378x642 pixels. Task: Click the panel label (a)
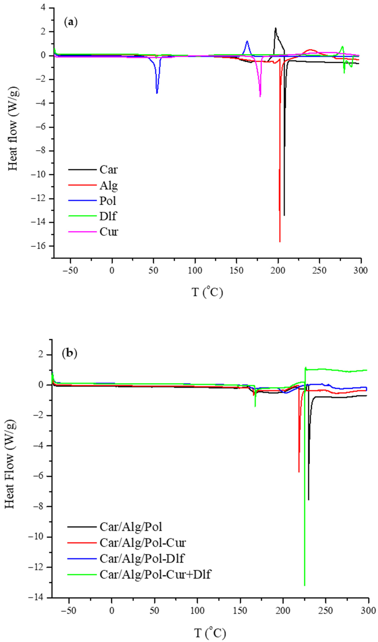coord(71,22)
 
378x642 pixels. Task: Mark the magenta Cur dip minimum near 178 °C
coord(260,96)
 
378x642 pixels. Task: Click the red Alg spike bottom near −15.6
coord(280,242)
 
